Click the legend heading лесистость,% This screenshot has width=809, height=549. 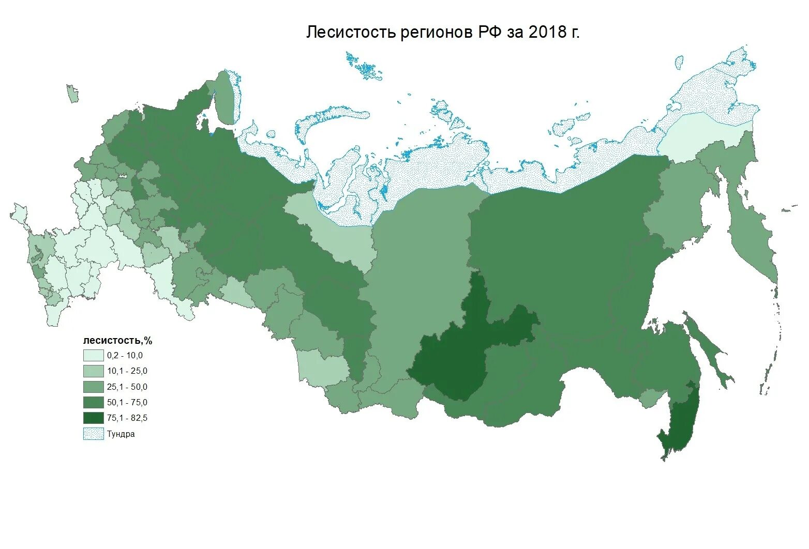[117, 341]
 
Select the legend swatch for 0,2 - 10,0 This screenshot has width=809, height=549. [93, 356]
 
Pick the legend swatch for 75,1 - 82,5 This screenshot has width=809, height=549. [93, 418]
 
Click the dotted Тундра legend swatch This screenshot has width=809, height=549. [93, 434]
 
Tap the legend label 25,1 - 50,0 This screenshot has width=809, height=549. [127, 387]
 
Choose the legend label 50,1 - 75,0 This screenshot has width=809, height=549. [127, 402]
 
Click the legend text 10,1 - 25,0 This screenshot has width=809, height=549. [127, 371]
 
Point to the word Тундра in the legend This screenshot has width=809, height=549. [121, 434]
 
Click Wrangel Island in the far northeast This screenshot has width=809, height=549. [679, 63]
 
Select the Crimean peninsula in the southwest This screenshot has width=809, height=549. [19, 213]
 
